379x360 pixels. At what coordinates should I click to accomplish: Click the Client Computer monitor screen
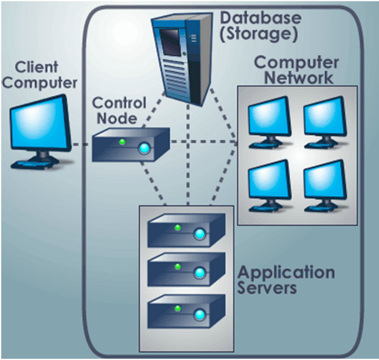point(41,125)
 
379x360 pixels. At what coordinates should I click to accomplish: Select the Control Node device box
point(131,145)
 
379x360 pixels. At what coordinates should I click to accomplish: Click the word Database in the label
point(261,17)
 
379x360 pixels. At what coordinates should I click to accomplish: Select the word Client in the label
point(35,67)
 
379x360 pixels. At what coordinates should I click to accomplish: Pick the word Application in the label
point(286,273)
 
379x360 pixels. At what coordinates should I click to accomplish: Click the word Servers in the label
point(267,288)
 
